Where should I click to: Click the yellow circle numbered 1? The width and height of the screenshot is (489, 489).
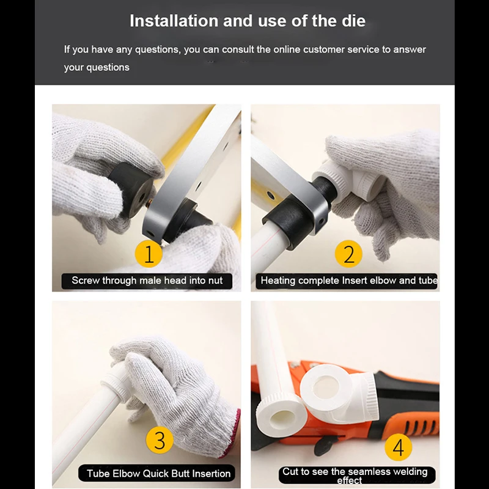click(149, 254)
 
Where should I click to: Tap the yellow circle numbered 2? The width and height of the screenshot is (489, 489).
click(348, 254)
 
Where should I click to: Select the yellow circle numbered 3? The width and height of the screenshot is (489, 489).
click(160, 439)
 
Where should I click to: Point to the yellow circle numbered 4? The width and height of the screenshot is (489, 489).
click(399, 447)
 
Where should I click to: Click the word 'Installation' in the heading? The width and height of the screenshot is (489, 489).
click(174, 21)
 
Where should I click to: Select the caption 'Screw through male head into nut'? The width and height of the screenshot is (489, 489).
click(147, 281)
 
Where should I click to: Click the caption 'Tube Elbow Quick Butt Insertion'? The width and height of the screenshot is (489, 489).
click(158, 473)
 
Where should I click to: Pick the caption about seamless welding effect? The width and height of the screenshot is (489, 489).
click(355, 476)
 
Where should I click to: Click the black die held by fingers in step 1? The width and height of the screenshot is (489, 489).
click(131, 190)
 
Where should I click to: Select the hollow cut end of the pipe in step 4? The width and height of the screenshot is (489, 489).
click(281, 416)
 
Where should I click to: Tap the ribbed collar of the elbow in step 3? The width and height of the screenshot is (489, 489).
click(116, 387)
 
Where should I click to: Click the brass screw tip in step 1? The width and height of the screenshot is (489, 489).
click(149, 203)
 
